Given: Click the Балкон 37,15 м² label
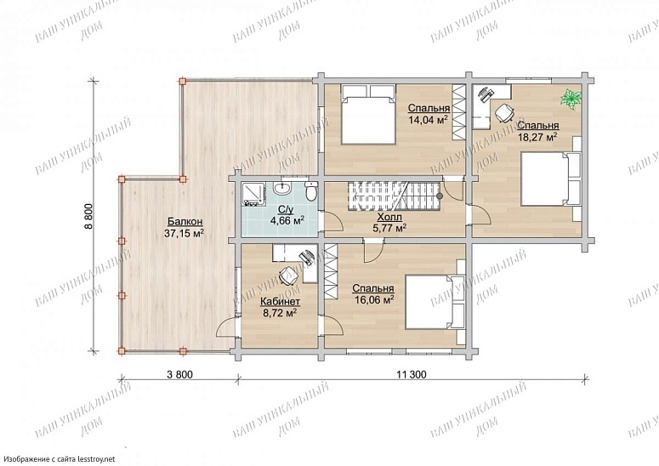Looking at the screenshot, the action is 185,227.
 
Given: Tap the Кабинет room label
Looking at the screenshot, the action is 280,307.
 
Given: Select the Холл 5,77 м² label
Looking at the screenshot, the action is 389,223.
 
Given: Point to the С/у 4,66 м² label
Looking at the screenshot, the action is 287,215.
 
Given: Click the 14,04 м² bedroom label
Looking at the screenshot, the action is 429,114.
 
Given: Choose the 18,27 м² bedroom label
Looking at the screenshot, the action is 537,131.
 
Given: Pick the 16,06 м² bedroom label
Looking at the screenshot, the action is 372,293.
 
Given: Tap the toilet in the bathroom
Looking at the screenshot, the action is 311,191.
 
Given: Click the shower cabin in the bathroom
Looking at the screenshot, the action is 254,194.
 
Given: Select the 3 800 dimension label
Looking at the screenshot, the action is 180,374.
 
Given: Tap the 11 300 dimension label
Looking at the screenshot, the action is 411,374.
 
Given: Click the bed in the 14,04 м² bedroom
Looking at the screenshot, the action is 368,114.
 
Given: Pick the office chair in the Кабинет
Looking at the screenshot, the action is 289,276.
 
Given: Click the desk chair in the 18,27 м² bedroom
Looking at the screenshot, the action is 504,112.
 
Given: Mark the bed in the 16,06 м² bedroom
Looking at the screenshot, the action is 435,302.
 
